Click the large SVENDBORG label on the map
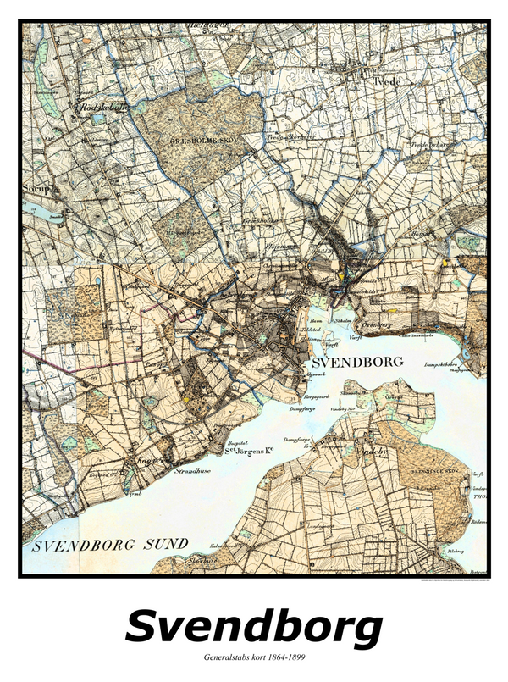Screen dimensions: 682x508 pyautogui.click(x=357, y=362)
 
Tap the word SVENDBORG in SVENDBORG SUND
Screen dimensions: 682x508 pyautogui.click(x=75, y=545)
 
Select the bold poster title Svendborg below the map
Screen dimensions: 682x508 pyautogui.click(x=253, y=628)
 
